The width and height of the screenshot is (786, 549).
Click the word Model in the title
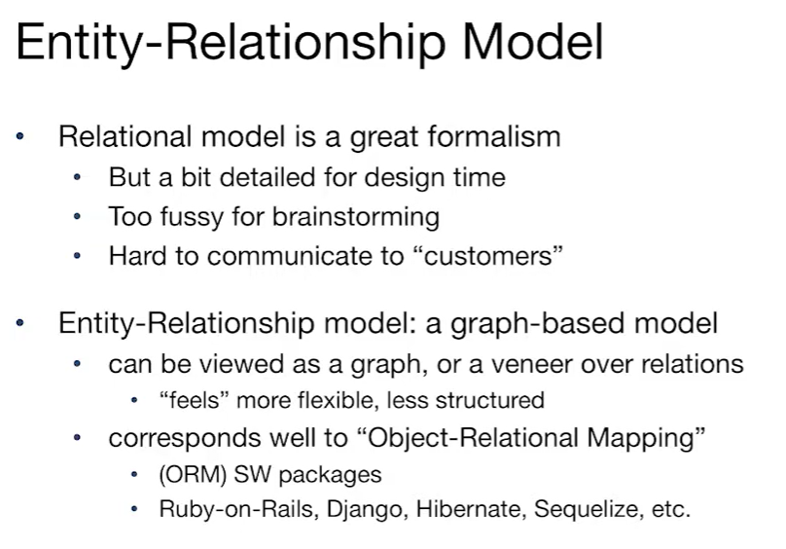pyautogui.click(x=533, y=42)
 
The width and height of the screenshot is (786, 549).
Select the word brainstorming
pyautogui.click(x=356, y=217)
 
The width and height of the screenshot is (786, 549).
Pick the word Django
pyautogui.click(x=365, y=509)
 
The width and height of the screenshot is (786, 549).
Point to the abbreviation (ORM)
pyautogui.click(x=193, y=474)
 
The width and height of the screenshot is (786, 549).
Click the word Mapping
pyautogui.click(x=646, y=438)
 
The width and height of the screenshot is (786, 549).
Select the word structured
pyautogui.click(x=489, y=400)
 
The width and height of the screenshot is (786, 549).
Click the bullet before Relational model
pyautogui.click(x=20, y=136)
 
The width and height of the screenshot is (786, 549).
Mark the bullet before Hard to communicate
pyautogui.click(x=77, y=256)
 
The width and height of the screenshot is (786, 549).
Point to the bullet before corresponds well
pyautogui.click(x=77, y=438)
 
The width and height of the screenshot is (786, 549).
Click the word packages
pyautogui.click(x=330, y=475)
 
